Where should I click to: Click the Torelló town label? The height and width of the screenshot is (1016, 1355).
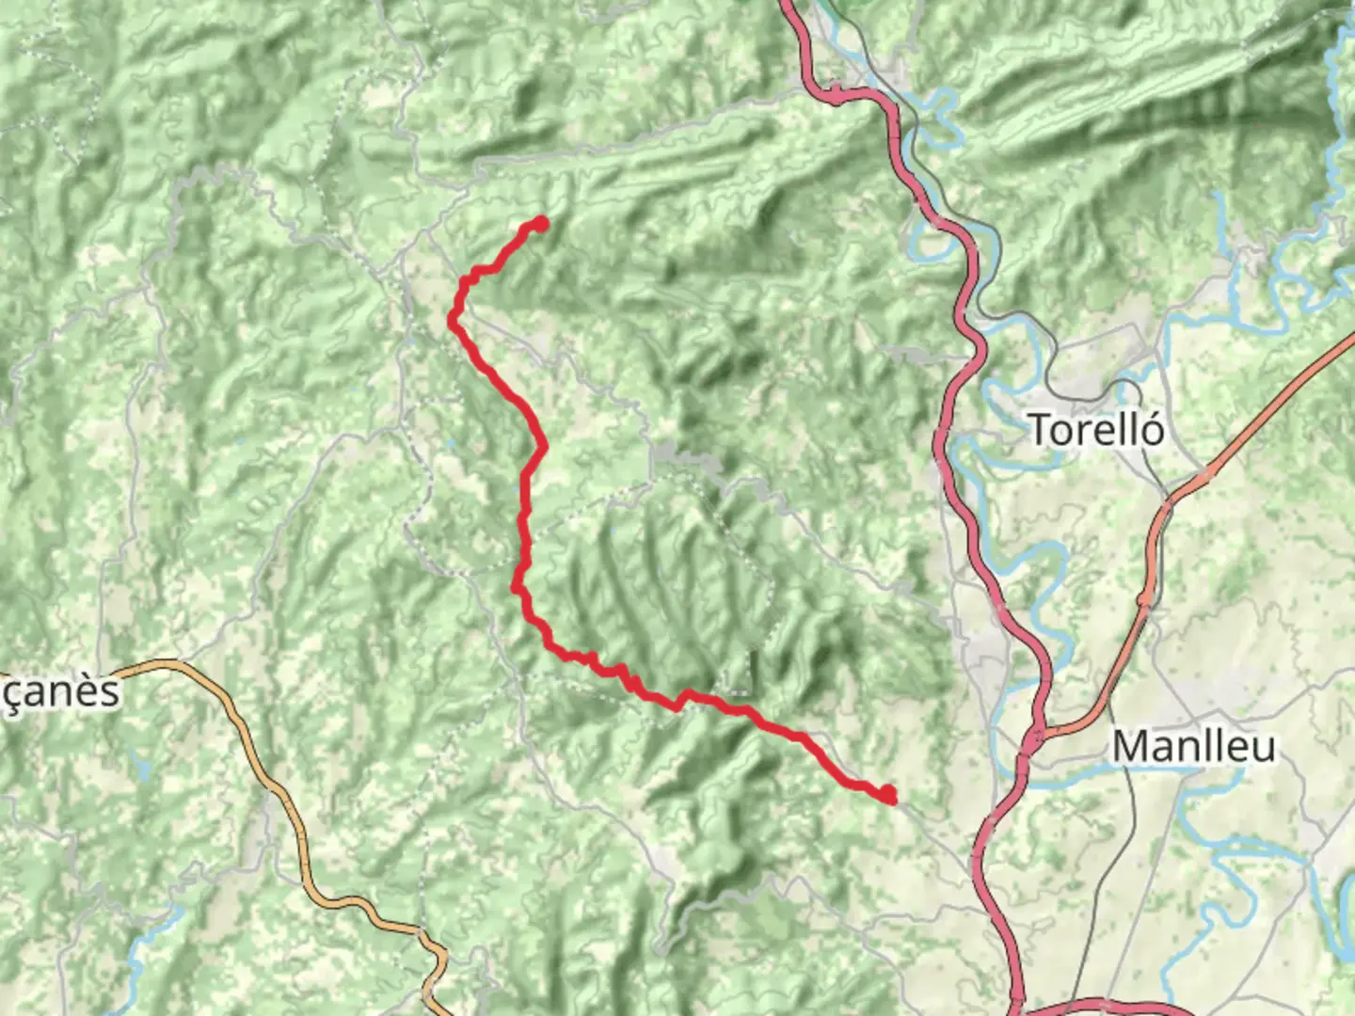1096,430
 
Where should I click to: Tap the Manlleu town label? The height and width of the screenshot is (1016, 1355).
1194,747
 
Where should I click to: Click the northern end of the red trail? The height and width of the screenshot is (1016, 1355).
540,224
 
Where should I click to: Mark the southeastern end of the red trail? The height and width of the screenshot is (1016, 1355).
887,796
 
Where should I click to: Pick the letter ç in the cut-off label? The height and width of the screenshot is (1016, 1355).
11,694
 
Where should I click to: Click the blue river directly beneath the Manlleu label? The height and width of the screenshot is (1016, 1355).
1195,774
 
